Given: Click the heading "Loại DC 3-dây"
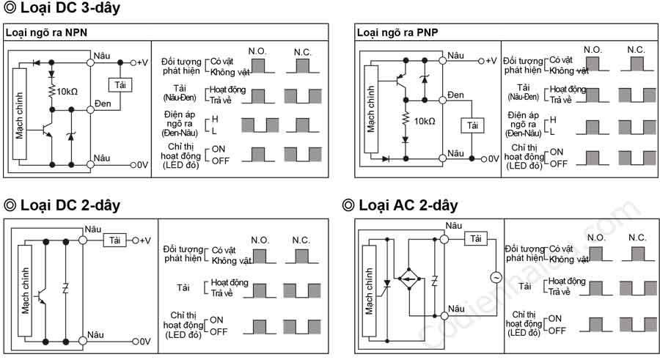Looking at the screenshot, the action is pyautogui.click(x=62, y=8).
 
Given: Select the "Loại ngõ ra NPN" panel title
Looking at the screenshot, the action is pyautogui.click(x=46, y=32).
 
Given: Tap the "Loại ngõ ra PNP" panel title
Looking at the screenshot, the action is pyautogui.click(x=397, y=32).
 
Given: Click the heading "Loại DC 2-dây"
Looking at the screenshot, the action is pyautogui.click(x=62, y=205).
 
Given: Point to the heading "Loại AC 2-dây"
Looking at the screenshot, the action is pyautogui.click(x=400, y=205).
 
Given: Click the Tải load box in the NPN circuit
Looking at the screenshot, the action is pyautogui.click(x=120, y=85).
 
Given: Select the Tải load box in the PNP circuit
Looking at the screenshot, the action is pyautogui.click(x=472, y=125).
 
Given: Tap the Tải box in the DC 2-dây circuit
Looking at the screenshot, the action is pyautogui.click(x=115, y=240).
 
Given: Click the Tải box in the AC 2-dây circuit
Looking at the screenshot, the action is pyautogui.click(x=476, y=239).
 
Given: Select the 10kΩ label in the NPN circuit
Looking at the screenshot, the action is pyautogui.click(x=67, y=92).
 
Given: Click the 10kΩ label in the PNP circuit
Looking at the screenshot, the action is pyautogui.click(x=425, y=121).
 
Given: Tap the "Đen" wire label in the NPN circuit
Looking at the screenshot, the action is pyautogui.click(x=103, y=103).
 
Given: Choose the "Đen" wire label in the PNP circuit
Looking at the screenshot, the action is pyautogui.click(x=455, y=95).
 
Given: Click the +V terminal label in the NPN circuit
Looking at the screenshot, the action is pyautogui.click(x=142, y=63).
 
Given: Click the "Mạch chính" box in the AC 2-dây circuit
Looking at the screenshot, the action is pyautogui.click(x=369, y=291).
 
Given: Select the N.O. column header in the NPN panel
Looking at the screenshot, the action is pyautogui.click(x=257, y=51).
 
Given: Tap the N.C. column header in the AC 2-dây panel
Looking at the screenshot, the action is pyautogui.click(x=637, y=238).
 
